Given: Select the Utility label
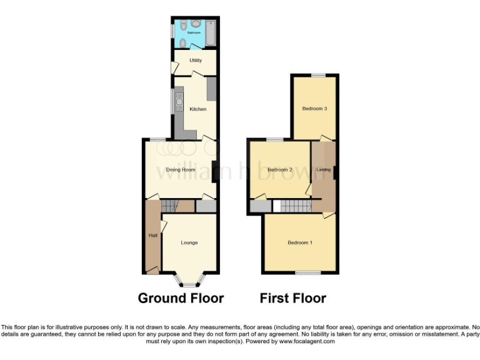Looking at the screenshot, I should pyautogui.click(x=196, y=60).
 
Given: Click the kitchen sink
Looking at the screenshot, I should pyautogui.click(x=179, y=101).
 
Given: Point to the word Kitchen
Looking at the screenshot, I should pyautogui.click(x=198, y=109).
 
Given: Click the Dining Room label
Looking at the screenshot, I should pyautogui.click(x=181, y=169).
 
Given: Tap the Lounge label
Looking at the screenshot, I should pyautogui.click(x=189, y=242).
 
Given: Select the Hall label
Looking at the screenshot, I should pyautogui.click(x=152, y=236).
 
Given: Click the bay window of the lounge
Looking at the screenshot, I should pyautogui.click(x=189, y=280).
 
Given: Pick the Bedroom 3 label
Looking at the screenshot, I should pyautogui.click(x=315, y=108).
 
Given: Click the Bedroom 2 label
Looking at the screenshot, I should pyautogui.click(x=280, y=169).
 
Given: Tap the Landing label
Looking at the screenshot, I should pyautogui.click(x=324, y=169).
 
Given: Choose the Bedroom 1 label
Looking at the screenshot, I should pyautogui.click(x=300, y=242).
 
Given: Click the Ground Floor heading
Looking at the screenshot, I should pyautogui.click(x=181, y=298).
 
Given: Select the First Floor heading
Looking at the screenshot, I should pyautogui.click(x=292, y=298).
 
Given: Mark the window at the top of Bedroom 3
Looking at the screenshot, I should pyautogui.click(x=319, y=75).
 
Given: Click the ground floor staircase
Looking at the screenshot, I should pyautogui.click(x=170, y=206).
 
